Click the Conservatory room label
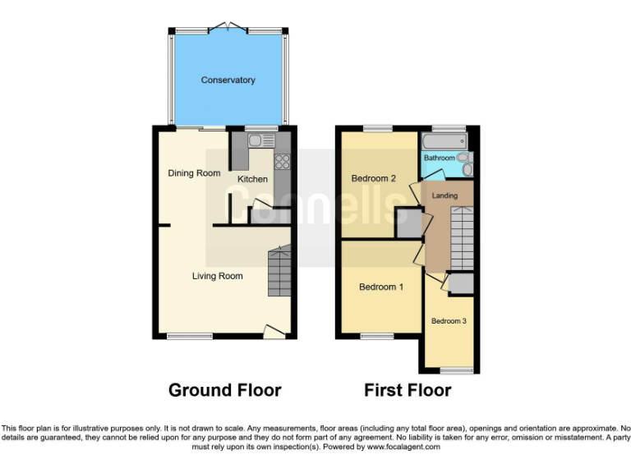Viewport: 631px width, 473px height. coord(228,80)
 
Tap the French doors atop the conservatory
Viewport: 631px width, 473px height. coord(228,29)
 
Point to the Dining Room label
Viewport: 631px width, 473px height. coord(194,173)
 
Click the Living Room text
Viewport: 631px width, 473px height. coord(217,276)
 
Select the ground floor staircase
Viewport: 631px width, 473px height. coord(279,273)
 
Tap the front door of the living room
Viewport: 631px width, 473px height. coord(274,331)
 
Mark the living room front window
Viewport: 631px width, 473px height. coord(190,336)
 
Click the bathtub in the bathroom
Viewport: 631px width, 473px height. coord(444,143)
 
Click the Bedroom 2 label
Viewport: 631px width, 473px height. coord(374,178)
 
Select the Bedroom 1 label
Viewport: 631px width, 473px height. coord(381,287)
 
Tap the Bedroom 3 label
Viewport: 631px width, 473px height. coord(449,321)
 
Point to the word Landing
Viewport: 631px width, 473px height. coord(444,195)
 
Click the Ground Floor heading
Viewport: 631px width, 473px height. coord(224,390)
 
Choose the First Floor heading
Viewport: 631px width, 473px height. coord(408,390)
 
